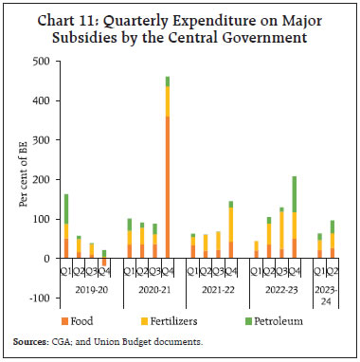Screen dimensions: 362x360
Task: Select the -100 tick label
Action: pyautogui.click(x=38, y=298)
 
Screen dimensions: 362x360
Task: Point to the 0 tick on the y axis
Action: pyautogui.click(x=46, y=258)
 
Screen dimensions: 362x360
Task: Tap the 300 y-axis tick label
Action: pyautogui.click(x=40, y=139)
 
